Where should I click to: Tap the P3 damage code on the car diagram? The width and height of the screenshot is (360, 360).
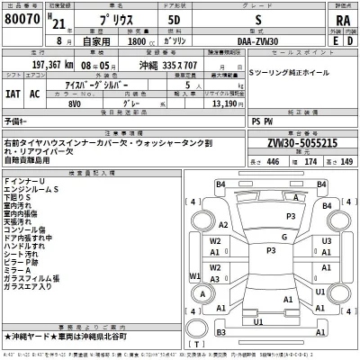coord(290,216)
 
